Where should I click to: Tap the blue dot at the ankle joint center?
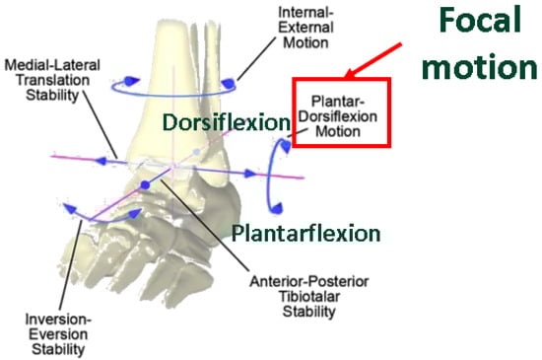pos(144,185)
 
